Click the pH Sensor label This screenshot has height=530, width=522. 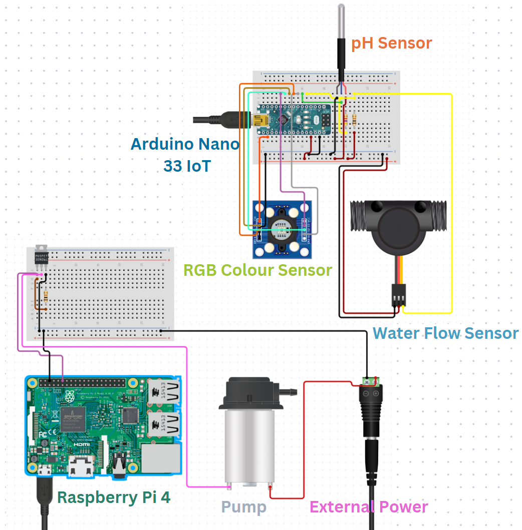point(391,43)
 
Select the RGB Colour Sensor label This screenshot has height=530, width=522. point(257,270)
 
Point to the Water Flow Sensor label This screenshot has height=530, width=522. point(445,333)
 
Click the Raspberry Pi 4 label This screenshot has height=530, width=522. point(117,497)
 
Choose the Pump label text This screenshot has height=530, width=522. point(243,507)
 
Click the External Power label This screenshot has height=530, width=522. point(369,506)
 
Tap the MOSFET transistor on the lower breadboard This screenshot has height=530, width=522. point(42,257)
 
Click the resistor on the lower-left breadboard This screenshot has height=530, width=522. point(46,297)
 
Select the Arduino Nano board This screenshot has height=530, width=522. point(294,120)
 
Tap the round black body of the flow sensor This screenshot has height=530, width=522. point(399,228)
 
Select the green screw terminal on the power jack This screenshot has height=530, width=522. point(370,382)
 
